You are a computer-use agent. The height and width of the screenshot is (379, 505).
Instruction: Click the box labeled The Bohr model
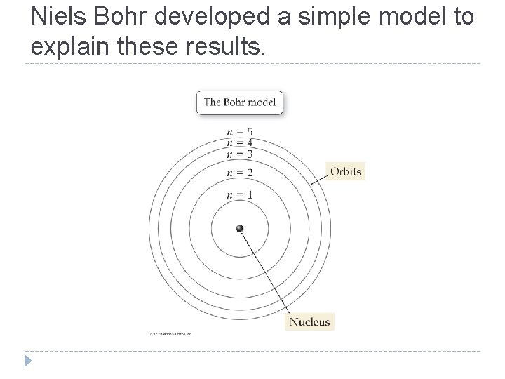[240, 102]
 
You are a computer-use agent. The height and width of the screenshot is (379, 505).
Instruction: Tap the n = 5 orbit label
[240, 131]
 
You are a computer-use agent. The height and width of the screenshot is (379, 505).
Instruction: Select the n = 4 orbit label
[240, 142]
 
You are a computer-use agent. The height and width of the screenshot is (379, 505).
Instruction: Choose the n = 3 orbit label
[240, 154]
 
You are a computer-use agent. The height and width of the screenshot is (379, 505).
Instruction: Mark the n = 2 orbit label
[240, 173]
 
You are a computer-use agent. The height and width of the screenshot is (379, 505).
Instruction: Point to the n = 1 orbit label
[240, 194]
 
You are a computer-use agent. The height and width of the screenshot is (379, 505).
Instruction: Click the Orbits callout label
[346, 171]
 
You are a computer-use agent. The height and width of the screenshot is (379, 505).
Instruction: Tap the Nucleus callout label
[309, 322]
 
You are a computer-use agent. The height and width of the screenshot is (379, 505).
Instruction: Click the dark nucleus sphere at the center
[240, 228]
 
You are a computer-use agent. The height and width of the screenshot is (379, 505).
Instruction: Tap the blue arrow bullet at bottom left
[27, 361]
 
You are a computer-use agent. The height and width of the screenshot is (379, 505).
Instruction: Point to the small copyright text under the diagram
[170, 334]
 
